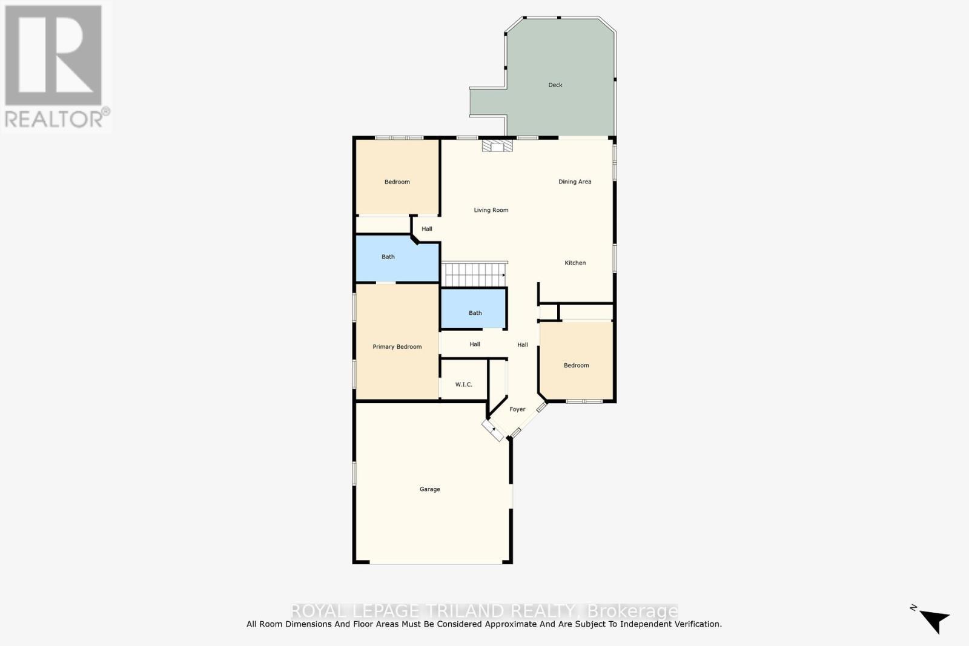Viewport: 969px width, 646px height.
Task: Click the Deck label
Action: pyautogui.click(x=555, y=85)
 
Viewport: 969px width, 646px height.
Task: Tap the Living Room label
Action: pyautogui.click(x=491, y=210)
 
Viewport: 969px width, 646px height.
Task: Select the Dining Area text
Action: pyautogui.click(x=575, y=182)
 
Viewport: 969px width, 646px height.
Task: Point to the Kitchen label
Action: pyautogui.click(x=575, y=263)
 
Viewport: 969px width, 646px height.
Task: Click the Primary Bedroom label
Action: pyautogui.click(x=397, y=347)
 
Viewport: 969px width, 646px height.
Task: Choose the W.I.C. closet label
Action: pyautogui.click(x=463, y=384)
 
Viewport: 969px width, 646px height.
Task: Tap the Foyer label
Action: pyautogui.click(x=517, y=409)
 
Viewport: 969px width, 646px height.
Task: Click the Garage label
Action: pyautogui.click(x=429, y=489)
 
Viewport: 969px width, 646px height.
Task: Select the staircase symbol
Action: pyautogui.click(x=474, y=274)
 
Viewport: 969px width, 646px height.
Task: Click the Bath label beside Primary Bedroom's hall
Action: pyautogui.click(x=475, y=313)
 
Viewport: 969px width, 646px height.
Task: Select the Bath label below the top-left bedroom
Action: pyautogui.click(x=388, y=257)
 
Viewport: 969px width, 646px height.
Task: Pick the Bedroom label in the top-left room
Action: pyautogui.click(x=397, y=182)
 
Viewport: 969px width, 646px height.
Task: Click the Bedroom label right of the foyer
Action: pyautogui.click(x=576, y=365)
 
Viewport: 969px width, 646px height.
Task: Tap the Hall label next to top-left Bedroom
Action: pyautogui.click(x=427, y=229)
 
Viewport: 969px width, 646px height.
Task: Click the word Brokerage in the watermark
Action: pyautogui.click(x=633, y=610)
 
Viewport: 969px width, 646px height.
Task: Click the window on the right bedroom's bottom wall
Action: pyautogui.click(x=584, y=401)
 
